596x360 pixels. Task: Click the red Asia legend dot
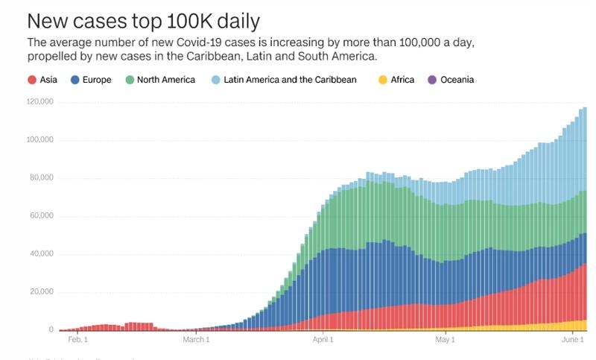coord(32,80)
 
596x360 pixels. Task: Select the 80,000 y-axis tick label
coord(40,177)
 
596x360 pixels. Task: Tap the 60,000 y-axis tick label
coord(40,216)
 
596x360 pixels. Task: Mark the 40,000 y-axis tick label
coord(40,254)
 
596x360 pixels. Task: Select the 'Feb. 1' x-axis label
coord(77,340)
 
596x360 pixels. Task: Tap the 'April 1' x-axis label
coord(323,340)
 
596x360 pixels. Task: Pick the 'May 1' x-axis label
coord(444,340)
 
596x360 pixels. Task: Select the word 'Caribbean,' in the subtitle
coord(260,57)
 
